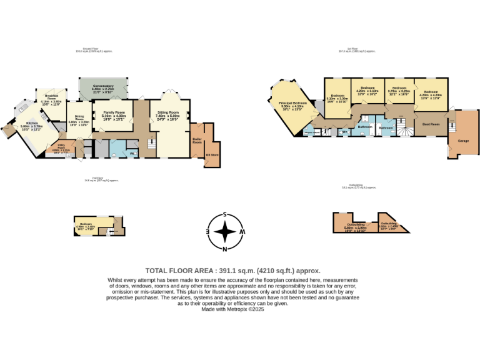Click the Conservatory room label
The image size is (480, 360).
[102, 86]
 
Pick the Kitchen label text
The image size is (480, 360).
[30, 122]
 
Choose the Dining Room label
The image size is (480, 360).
[79, 117]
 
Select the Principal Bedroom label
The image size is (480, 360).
[292, 102]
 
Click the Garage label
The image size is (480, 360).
[463, 141]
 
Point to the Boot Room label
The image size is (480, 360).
[431, 124]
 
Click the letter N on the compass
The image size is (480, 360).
[224, 249]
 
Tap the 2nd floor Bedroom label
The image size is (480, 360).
[86, 223]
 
